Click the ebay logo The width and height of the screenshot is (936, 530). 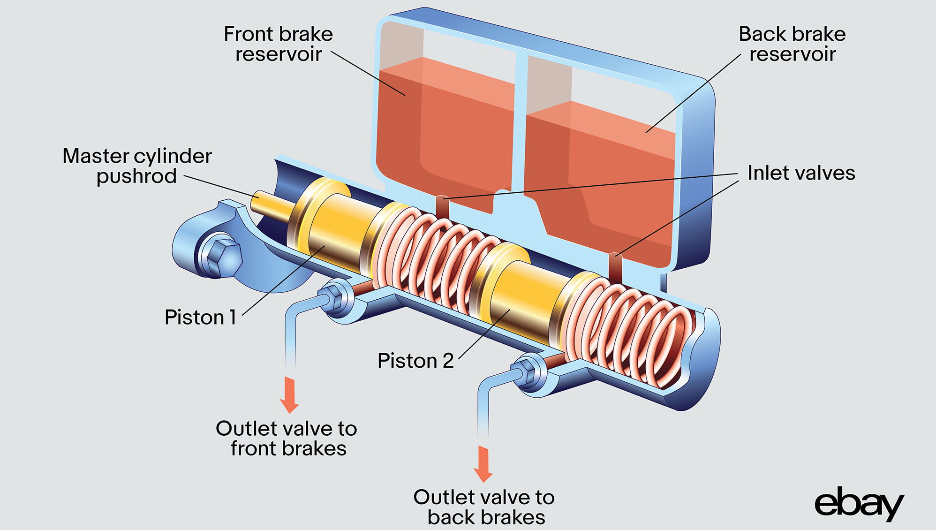[x=858, y=504]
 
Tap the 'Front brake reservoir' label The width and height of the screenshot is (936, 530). [x=279, y=44]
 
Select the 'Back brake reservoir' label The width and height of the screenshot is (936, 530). [x=792, y=44]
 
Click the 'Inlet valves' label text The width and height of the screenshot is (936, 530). [x=801, y=173]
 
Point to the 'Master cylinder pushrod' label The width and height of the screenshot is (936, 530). [x=137, y=166]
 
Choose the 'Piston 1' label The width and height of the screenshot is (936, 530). [x=200, y=318]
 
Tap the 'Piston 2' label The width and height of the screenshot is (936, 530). [x=415, y=361]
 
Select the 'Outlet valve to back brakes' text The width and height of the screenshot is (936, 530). [x=484, y=507]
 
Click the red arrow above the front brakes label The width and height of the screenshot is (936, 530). [x=289, y=394]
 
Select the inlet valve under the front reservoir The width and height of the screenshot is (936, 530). [x=443, y=207]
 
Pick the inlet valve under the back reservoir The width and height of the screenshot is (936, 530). [x=615, y=267]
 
